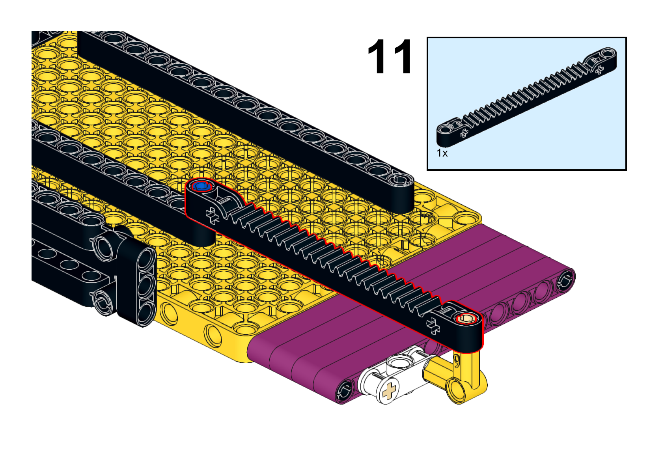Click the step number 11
click(x=389, y=56)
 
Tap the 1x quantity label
click(x=442, y=153)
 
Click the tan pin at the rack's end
click(x=467, y=319)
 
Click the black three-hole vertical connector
click(x=136, y=278)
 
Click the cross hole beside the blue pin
click(x=213, y=215)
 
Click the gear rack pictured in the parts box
click(x=526, y=97)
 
